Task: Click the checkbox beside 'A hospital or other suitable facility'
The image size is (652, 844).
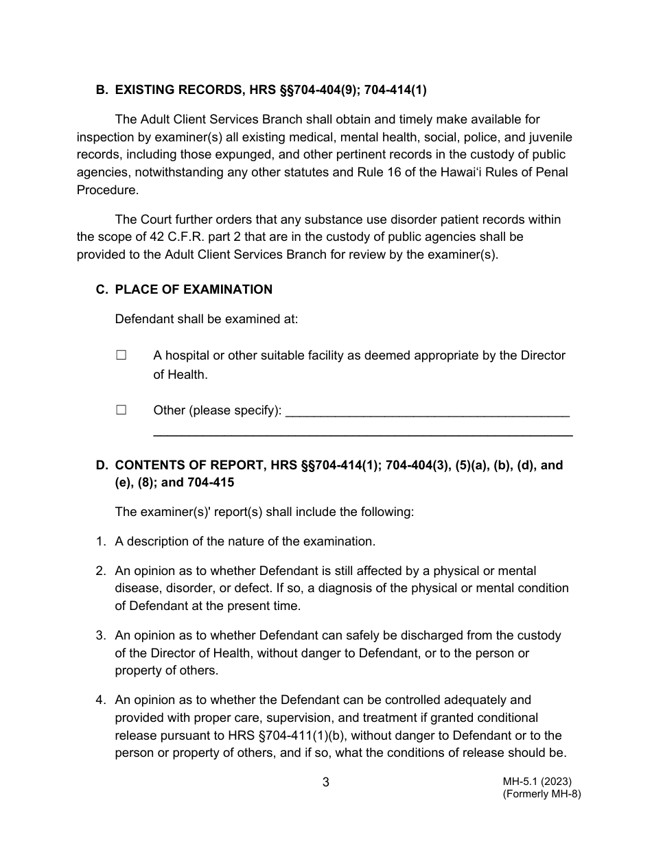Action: tap(121, 355)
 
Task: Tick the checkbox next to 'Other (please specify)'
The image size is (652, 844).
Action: tap(121, 410)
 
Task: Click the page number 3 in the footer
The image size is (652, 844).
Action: tap(326, 782)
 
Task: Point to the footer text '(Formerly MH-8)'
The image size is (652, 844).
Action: tap(542, 794)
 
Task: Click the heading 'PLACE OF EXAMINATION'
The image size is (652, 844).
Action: tap(194, 290)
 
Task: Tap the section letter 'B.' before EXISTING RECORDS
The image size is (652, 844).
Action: tap(102, 90)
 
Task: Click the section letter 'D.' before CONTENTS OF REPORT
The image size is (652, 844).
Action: tap(102, 465)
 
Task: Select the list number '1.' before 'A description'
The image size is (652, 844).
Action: tap(101, 541)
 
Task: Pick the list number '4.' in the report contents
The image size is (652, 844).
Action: tap(101, 700)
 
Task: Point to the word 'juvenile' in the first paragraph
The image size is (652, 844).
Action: tap(548, 137)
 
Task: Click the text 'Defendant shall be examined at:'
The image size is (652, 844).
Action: tap(207, 319)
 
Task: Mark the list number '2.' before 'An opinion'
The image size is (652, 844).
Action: tap(101, 571)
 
